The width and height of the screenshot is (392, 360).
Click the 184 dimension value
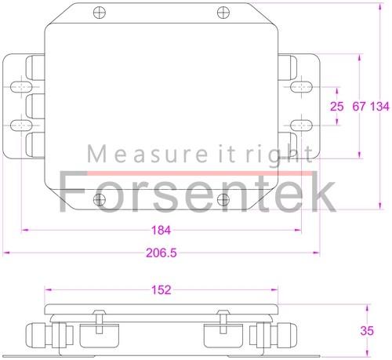click(160, 230)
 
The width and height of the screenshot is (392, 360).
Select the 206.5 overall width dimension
click(161, 253)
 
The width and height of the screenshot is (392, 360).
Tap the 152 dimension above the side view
click(161, 290)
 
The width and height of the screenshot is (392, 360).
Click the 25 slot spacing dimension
click(337, 106)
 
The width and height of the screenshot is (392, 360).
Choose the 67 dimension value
click(359, 106)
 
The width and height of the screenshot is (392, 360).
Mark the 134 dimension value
click(380, 106)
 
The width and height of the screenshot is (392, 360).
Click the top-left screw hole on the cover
click(98, 13)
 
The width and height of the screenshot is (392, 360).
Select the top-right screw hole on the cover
click(223, 13)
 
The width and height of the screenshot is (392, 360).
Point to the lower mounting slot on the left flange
click(21, 125)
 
